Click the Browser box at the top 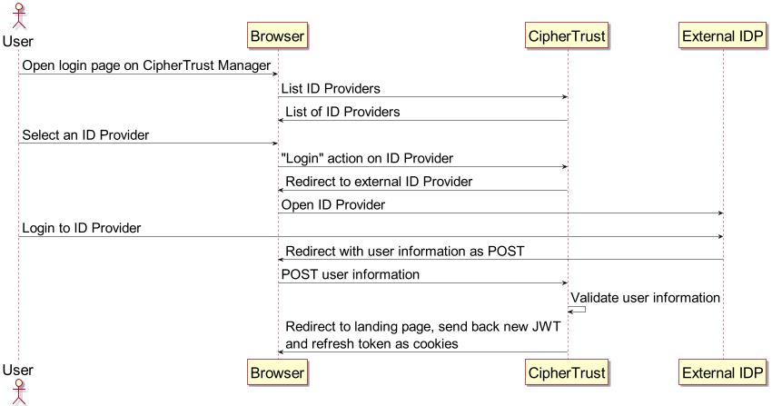278,35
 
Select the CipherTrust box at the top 568,35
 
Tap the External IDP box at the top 723,35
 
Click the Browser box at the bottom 278,371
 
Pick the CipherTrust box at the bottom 568,371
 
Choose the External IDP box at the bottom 723,371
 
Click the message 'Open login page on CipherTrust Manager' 146,65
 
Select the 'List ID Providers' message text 330,88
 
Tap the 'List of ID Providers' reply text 342,112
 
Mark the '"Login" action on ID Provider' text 367,158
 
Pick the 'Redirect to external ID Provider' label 379,182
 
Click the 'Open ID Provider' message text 332,205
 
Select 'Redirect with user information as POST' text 404,252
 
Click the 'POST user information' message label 351,274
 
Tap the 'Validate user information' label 645,298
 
